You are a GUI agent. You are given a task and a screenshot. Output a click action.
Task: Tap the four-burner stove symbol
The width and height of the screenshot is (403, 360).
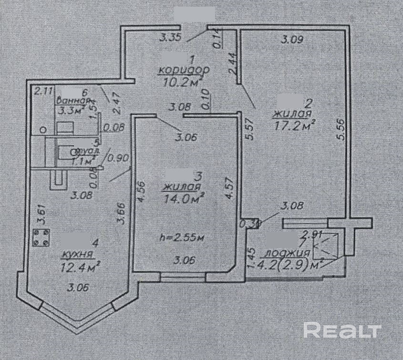coord(41,237)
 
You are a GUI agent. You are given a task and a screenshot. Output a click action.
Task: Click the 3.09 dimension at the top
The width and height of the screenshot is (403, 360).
coord(292,40)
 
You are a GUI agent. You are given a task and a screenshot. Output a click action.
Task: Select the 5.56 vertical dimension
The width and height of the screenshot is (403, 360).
coord(339,129)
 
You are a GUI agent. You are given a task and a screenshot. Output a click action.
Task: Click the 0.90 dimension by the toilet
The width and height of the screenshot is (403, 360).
coord(119,158)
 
